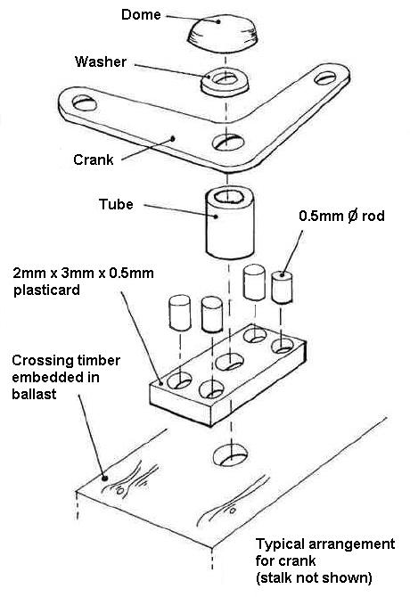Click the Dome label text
pos(141,15)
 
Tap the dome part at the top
pos(223,33)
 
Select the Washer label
pos(101,61)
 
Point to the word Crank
pos(94,159)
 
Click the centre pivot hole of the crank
pos(228,142)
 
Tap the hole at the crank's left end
pos(84,102)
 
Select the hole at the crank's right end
pos(325,78)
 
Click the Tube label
pos(116,204)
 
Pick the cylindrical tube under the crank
pos(230,223)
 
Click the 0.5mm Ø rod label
pos(341,216)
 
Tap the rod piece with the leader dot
pos(282,288)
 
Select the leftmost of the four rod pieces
pos(180,313)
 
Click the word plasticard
pos(46,290)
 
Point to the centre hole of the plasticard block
pos(230,362)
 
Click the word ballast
pos(34,394)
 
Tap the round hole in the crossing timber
pos(230,454)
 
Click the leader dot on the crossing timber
pos(104,478)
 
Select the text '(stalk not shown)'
pos(314,577)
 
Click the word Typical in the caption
pos(281,544)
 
